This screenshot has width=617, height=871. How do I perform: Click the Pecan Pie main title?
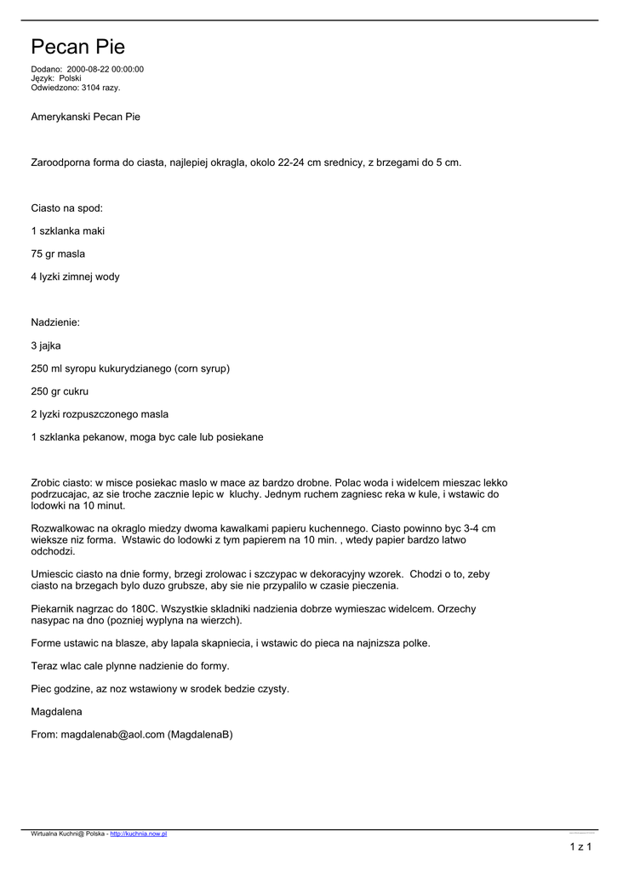pyautogui.click(x=77, y=47)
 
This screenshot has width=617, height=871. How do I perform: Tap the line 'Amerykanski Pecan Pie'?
pyautogui.click(x=85, y=117)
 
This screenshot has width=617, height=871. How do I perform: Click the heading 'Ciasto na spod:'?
pyautogui.click(x=66, y=208)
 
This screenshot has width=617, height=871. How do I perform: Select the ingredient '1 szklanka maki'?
pyautogui.click(x=68, y=231)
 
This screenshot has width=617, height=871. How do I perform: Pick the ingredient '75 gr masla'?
pyautogui.click(x=58, y=253)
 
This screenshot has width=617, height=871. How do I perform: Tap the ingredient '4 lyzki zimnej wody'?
pyautogui.click(x=75, y=276)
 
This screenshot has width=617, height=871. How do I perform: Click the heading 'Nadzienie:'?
pyautogui.click(x=55, y=322)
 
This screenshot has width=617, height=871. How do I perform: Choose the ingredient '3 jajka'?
pyautogui.click(x=46, y=345)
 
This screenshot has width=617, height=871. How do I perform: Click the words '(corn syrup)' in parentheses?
pyautogui.click(x=202, y=368)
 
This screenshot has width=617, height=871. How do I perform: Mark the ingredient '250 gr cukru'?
pyautogui.click(x=60, y=391)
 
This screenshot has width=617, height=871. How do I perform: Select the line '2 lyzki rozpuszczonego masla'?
pyautogui.click(x=100, y=414)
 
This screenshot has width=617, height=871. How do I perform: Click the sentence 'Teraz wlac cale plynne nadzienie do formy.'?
pyautogui.click(x=130, y=666)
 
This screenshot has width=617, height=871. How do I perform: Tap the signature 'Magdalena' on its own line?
pyautogui.click(x=56, y=711)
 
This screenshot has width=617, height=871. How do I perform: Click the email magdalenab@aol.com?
pyautogui.click(x=112, y=734)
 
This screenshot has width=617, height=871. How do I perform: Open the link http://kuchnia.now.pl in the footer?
pyautogui.click(x=139, y=834)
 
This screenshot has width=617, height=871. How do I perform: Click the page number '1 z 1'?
pyautogui.click(x=580, y=846)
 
